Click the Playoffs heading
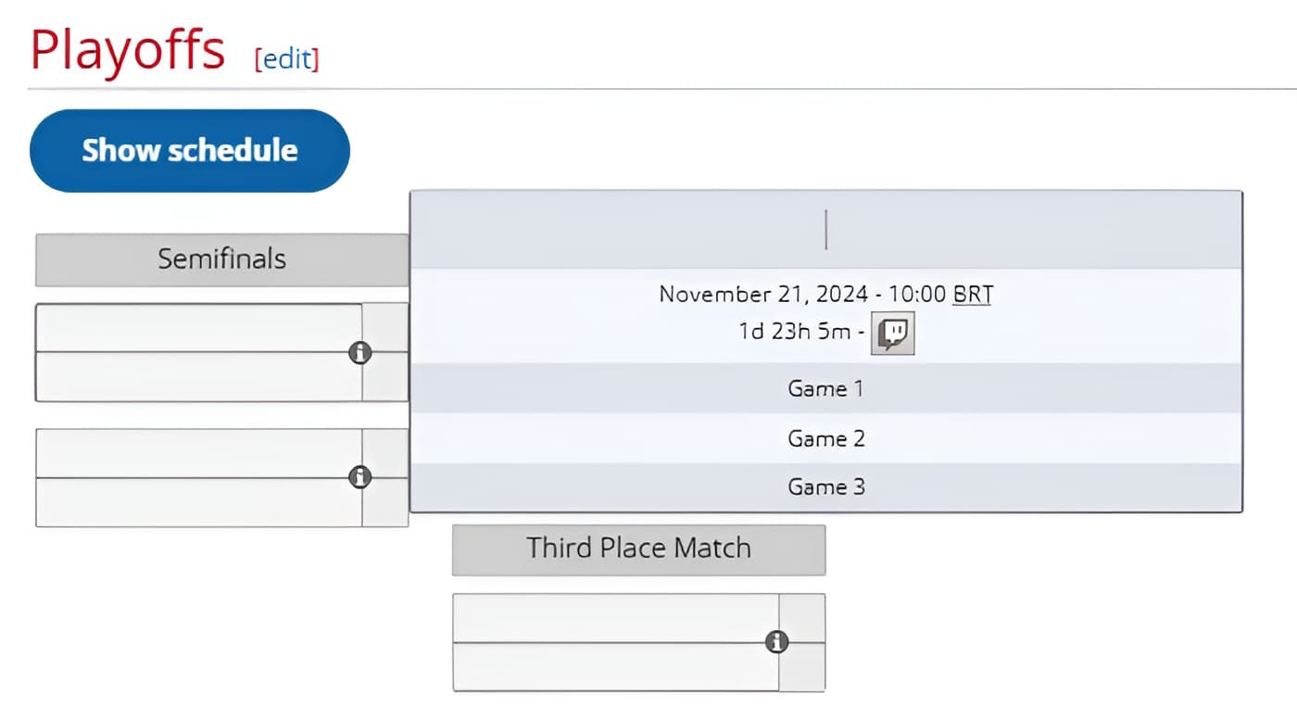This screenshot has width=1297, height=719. pos(128,50)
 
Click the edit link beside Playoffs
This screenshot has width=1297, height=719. pos(287,59)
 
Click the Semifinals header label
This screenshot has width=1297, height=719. pos(221,259)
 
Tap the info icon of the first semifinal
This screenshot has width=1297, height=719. pos(359,352)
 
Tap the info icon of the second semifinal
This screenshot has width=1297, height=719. pos(359,477)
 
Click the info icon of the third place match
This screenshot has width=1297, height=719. pos(776,642)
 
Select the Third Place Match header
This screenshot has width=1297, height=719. pos(638,549)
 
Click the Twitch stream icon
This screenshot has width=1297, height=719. pos(893,333)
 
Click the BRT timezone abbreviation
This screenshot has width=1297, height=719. pos(972,295)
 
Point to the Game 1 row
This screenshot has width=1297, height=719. pos(825,388)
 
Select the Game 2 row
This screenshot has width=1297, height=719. pos(825,438)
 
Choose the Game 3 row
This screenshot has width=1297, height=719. pos(825,486)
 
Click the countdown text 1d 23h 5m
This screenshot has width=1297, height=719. pos(794,332)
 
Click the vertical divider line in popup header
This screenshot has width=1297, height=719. pos(825,230)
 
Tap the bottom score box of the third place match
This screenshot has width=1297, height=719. pos(801,667)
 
